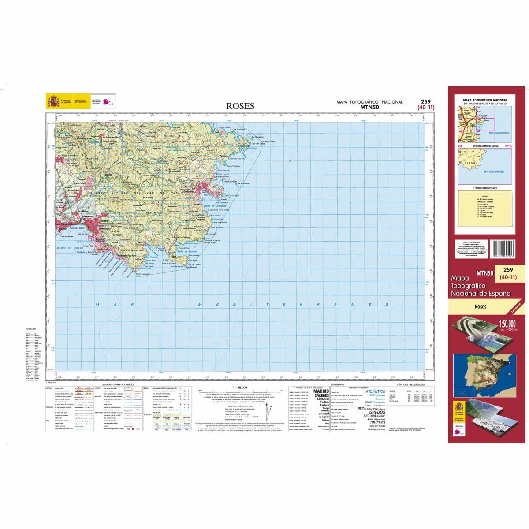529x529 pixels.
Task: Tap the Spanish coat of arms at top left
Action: (x=54, y=102)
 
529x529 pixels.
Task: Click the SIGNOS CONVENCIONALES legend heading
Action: (x=118, y=385)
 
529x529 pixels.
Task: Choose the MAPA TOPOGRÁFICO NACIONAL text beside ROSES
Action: (x=369, y=102)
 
